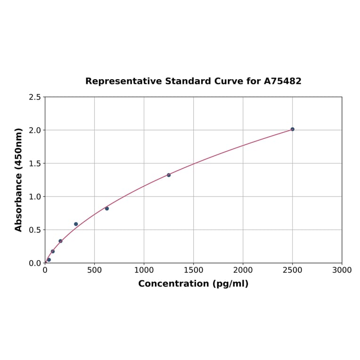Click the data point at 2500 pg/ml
coord(292,129)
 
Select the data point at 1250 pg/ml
coord(169,175)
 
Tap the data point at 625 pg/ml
coord(107,208)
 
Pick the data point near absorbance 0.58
coord(76,224)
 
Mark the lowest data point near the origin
coord(49,260)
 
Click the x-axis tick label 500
coord(94,270)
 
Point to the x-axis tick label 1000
coord(144,270)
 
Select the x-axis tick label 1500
coord(193,270)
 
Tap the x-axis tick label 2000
coord(243,270)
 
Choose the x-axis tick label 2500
coord(292,270)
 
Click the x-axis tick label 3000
coord(342,270)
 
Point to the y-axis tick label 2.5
coord(35,97)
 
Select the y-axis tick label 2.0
coord(35,130)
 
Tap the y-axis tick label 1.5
coord(35,164)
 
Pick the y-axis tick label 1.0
coord(35,196)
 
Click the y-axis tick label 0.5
coord(35,230)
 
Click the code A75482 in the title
coord(282,82)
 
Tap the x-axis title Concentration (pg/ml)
coord(193,284)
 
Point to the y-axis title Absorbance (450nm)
coord(19,180)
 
